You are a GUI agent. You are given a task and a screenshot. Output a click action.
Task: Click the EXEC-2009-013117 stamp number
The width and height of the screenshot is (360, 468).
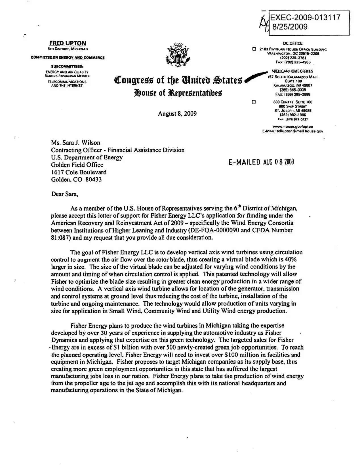305,18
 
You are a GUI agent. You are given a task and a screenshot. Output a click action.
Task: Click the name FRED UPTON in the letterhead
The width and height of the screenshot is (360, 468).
68,43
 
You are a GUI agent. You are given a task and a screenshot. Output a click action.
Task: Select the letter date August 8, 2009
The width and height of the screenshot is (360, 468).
177,114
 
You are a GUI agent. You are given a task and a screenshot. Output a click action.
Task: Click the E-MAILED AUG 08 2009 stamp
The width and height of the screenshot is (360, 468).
261,162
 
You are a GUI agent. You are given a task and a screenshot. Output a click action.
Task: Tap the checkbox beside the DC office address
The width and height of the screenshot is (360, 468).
254,49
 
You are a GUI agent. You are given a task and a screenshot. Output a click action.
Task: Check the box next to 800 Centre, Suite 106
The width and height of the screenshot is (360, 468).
254,102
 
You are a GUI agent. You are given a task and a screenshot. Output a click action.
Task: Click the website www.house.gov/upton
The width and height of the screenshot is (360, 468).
293,127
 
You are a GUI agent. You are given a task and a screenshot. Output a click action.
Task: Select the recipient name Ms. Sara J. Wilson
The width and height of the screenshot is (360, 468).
75,143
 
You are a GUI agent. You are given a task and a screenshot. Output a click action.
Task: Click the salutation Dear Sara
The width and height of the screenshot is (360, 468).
64,194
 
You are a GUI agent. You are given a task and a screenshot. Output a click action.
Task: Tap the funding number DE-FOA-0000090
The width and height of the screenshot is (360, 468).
215,230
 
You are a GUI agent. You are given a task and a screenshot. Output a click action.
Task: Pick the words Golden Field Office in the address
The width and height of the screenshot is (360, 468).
77,165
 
